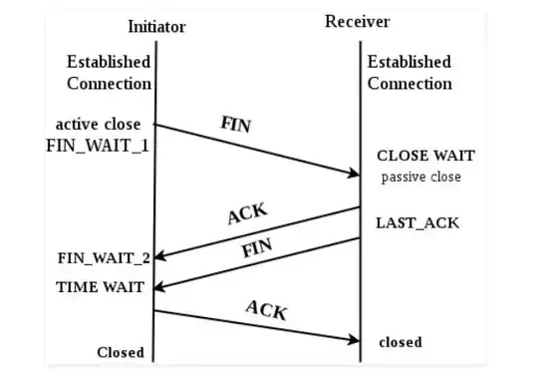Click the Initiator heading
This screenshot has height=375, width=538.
coord(156,25)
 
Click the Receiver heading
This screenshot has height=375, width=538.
coord(358,21)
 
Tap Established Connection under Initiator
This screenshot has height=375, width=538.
coord(109,73)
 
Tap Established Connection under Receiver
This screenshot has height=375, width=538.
coord(408,73)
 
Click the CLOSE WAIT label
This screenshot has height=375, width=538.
coord(425,157)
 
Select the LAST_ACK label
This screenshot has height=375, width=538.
coord(417,222)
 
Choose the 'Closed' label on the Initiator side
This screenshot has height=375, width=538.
coord(121,352)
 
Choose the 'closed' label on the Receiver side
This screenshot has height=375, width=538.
coord(401,342)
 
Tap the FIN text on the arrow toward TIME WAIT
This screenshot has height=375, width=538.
coord(257,246)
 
